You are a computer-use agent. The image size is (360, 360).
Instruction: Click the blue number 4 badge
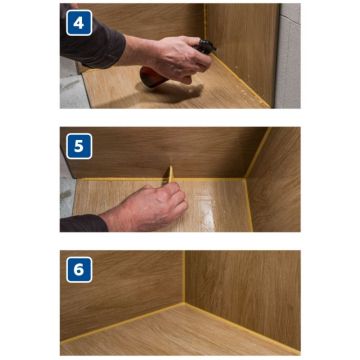79,23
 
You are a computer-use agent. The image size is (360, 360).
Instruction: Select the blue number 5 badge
79,146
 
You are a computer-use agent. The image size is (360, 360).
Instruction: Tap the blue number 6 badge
79,270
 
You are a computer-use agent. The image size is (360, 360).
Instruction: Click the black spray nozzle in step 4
207,47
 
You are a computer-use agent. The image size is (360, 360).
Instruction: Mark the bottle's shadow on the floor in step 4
173,93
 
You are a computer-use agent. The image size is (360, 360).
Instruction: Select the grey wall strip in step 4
288,56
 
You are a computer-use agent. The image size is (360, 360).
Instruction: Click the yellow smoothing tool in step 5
171,174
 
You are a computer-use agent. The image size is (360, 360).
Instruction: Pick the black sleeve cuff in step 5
83,223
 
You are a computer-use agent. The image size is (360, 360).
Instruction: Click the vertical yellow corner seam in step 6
184,277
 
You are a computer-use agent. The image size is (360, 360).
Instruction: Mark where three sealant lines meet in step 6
184,303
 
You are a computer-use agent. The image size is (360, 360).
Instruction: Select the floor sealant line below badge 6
122,322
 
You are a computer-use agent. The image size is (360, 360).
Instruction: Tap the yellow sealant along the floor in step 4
241,81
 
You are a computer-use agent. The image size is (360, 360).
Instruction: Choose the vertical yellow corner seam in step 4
205,22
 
